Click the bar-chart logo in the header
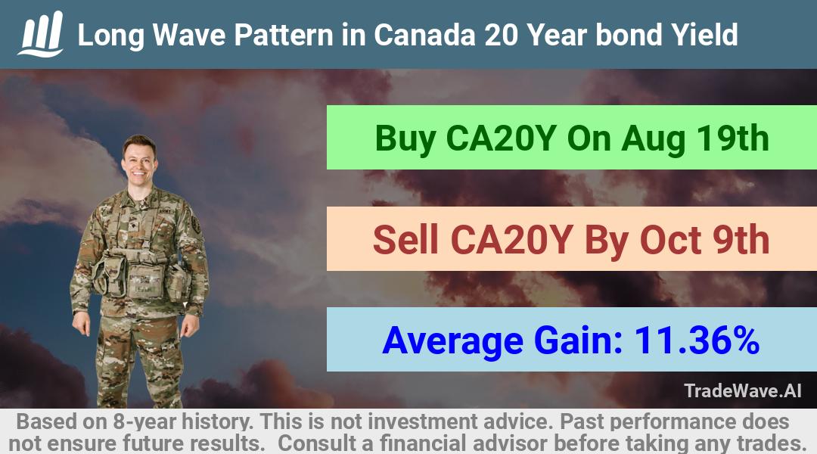pyautogui.click(x=41, y=34)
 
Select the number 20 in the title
pyautogui.click(x=502, y=35)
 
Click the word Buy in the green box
pyautogui.click(x=405, y=139)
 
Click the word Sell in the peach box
pyautogui.click(x=406, y=240)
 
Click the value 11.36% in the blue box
pyautogui.click(x=697, y=340)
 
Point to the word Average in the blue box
pyautogui.click(x=453, y=341)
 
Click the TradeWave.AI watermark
pyautogui.click(x=743, y=390)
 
